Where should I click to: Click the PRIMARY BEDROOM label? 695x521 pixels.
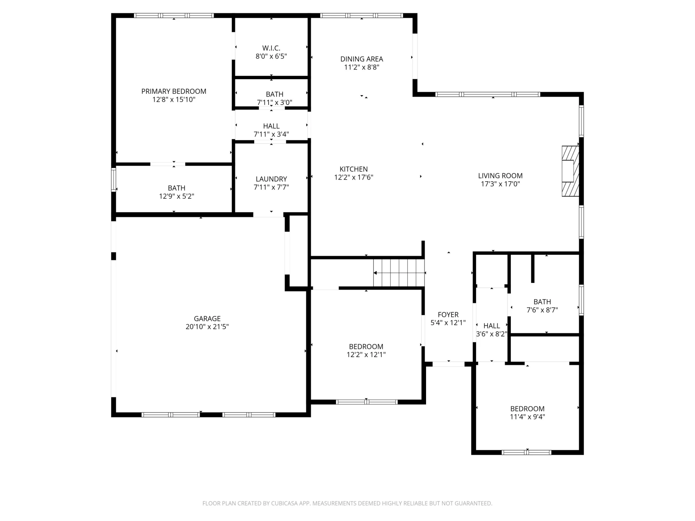click(174, 92)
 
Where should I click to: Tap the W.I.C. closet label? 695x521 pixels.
click(271, 48)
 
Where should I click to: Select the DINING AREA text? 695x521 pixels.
click(362, 59)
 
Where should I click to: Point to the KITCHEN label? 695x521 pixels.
click(354, 169)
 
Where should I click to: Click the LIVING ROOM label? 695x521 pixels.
click(500, 176)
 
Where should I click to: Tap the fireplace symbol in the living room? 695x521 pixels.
click(570, 171)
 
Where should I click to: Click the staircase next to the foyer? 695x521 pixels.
click(399, 273)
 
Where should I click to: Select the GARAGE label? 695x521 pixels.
click(207, 319)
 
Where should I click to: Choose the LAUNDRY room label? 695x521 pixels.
click(271, 179)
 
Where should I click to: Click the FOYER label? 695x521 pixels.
click(448, 315)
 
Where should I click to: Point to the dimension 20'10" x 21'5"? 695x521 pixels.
click(207, 327)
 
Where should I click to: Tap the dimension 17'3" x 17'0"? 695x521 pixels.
click(500, 184)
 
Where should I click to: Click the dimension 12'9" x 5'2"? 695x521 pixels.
click(177, 196)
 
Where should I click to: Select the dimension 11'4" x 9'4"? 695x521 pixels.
click(527, 417)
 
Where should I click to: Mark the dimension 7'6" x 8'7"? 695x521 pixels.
click(542, 310)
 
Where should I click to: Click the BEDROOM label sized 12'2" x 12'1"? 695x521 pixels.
click(366, 347)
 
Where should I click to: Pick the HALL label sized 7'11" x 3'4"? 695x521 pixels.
click(271, 126)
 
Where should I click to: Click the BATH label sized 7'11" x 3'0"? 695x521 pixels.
click(274, 94)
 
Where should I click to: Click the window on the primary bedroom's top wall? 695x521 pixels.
click(174, 16)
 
